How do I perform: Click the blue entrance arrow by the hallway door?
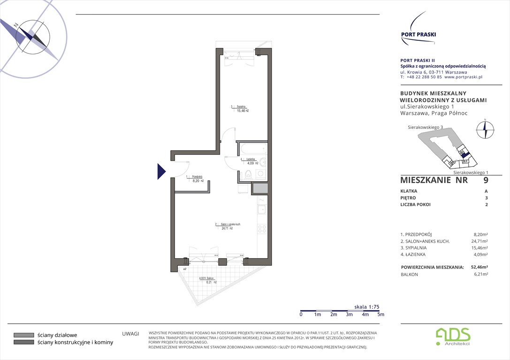[161, 171]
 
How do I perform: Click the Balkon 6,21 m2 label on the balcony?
[208, 280]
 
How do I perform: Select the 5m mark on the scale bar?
[381, 315]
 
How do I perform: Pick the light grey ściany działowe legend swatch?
[23, 335]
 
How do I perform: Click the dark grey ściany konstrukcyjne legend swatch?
[23, 343]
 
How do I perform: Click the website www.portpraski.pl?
[463, 77]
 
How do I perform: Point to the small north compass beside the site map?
[485, 129]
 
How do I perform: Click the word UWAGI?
[130, 334]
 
